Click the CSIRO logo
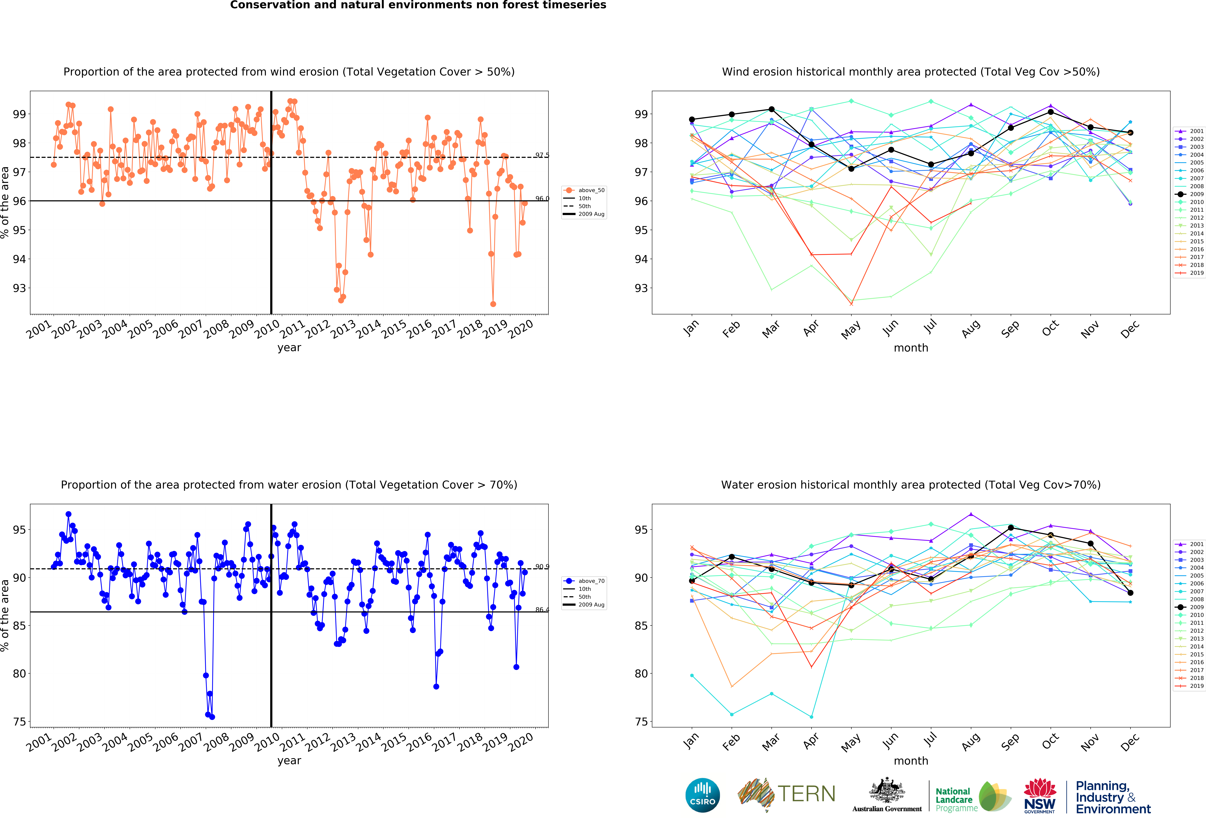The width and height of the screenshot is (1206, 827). click(703, 795)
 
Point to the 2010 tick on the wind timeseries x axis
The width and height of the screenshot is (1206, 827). click(267, 329)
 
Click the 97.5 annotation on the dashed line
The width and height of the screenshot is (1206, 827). click(542, 155)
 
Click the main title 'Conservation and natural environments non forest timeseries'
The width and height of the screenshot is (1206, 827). click(418, 5)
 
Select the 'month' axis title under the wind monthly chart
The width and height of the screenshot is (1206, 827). click(911, 348)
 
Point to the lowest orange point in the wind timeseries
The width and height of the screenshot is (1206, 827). click(493, 304)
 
